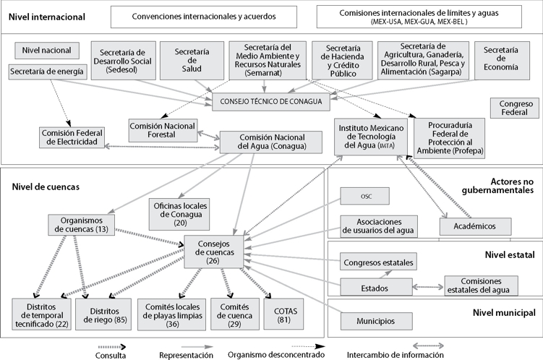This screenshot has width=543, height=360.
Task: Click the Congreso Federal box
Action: point(513,108)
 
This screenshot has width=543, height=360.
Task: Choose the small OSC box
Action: point(365,195)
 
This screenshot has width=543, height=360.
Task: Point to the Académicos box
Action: point(474,226)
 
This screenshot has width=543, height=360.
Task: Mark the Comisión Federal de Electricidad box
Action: point(73,137)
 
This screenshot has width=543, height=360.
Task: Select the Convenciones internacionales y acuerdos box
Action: point(204,17)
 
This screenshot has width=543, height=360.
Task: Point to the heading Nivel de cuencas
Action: point(46,187)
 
